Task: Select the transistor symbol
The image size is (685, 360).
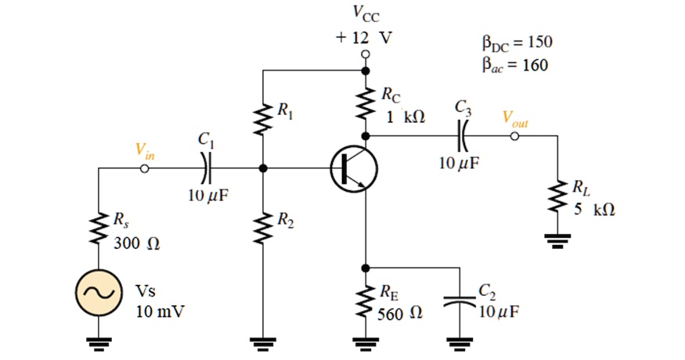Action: (x=353, y=168)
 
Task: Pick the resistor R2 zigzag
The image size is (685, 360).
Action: (x=263, y=225)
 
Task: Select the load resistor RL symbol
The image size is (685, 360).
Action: (x=558, y=198)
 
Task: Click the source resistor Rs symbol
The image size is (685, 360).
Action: (x=97, y=229)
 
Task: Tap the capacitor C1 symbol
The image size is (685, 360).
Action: (x=206, y=167)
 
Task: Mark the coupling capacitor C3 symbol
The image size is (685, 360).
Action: (x=461, y=135)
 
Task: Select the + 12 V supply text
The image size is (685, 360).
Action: (x=365, y=37)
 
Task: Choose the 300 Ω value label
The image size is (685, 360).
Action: (x=136, y=243)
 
